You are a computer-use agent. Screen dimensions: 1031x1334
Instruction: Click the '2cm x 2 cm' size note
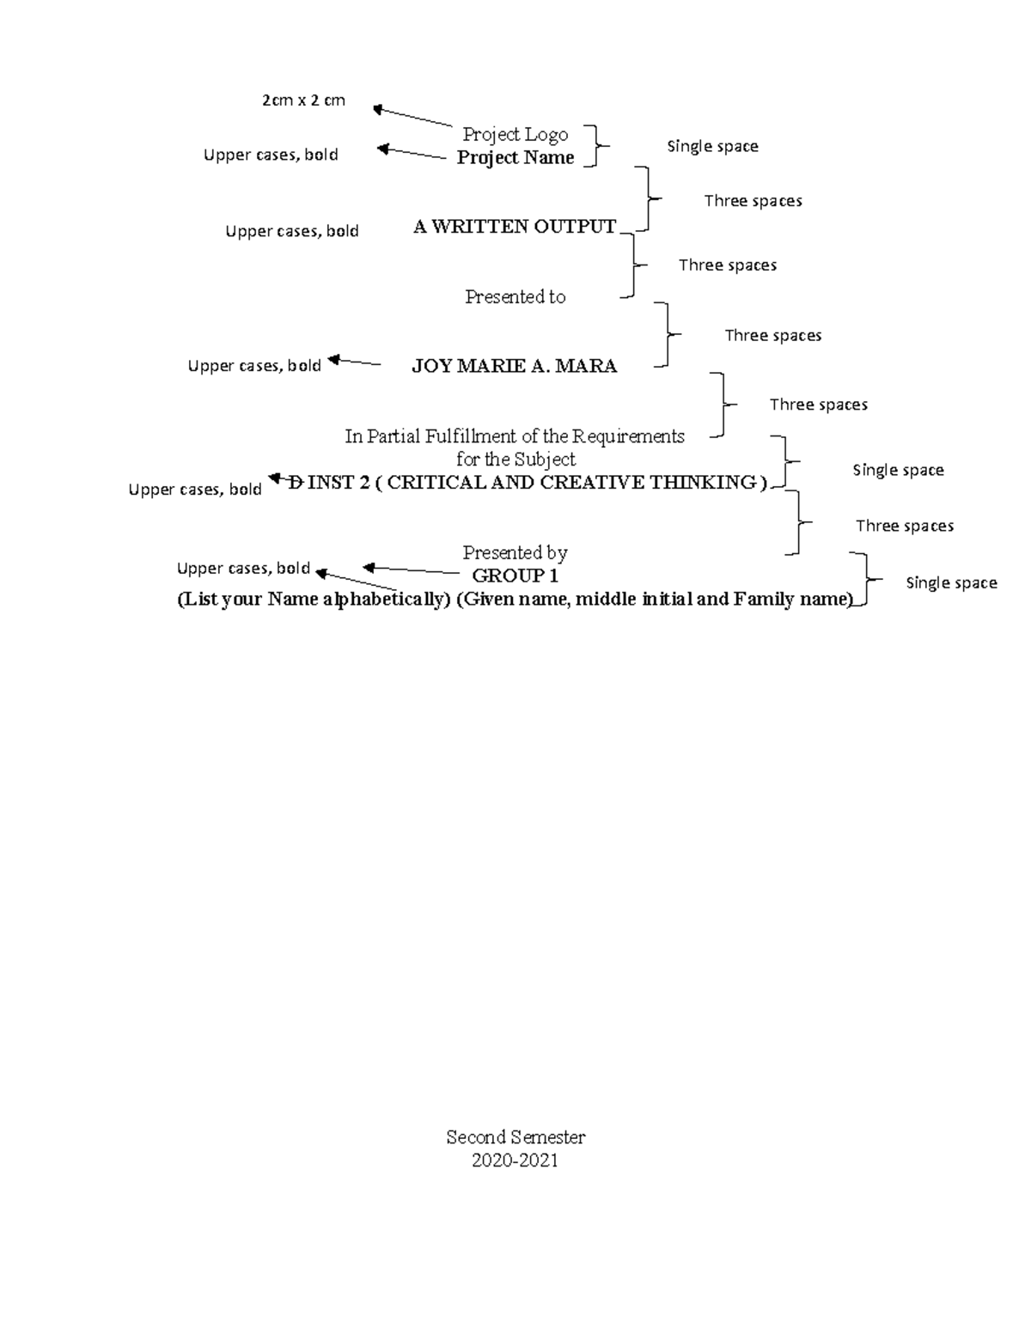tap(303, 100)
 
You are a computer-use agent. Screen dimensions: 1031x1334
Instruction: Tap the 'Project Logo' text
tap(515, 135)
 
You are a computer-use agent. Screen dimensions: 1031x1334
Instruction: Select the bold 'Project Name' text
tap(515, 158)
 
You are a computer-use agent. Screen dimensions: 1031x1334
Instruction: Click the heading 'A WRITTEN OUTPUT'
tap(515, 227)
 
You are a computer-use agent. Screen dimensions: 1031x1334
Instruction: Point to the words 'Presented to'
tap(515, 296)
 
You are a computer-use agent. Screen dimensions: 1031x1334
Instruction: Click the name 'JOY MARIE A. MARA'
tap(515, 366)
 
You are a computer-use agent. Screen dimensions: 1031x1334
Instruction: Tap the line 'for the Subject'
tap(515, 460)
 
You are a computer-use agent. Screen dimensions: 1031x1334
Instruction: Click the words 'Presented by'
tap(515, 552)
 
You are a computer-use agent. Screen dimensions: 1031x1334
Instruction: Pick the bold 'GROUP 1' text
tap(515, 576)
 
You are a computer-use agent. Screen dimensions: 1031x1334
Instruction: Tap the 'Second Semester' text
tap(515, 1137)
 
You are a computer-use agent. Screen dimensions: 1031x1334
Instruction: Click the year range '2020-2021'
tap(515, 1160)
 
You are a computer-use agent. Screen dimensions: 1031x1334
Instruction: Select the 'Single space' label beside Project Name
tap(713, 147)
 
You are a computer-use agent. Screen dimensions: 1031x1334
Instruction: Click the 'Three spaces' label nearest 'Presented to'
tap(728, 265)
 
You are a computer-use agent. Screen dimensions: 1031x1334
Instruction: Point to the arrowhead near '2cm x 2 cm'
tap(378, 110)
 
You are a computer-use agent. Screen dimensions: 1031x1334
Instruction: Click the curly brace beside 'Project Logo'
tap(596, 146)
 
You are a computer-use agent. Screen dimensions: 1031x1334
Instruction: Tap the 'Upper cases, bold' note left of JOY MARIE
tap(254, 366)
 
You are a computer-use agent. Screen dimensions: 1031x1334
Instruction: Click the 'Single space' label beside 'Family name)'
tap(952, 583)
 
